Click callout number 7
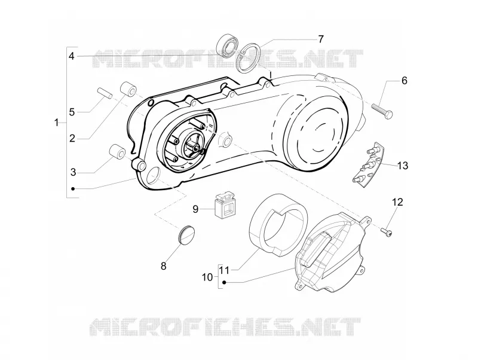point(320,39)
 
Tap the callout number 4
point(71,56)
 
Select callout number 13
point(402,166)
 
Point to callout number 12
point(397,202)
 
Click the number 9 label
point(195,209)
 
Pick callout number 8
point(164,266)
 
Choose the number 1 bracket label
point(56,123)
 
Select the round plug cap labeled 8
point(186,234)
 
